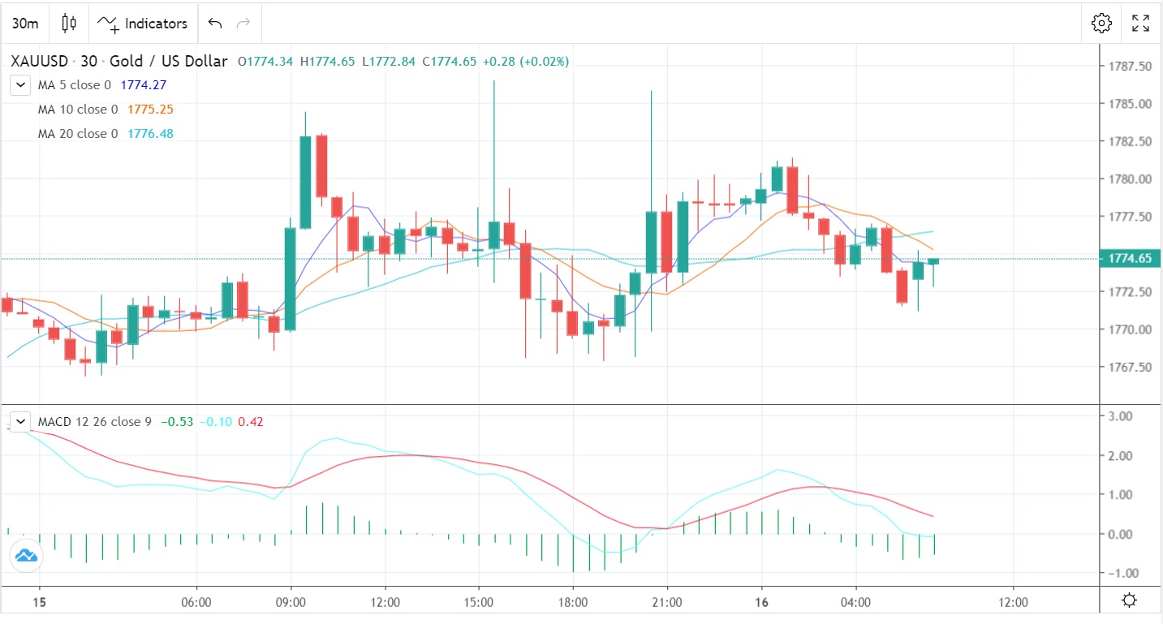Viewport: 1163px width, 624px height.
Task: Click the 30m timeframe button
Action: click(x=24, y=24)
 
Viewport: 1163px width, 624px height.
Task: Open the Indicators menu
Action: click(x=143, y=24)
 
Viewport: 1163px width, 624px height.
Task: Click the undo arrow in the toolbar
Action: click(x=215, y=24)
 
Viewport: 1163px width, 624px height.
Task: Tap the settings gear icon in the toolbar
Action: click(x=1101, y=24)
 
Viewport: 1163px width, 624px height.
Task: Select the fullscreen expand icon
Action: click(x=1140, y=24)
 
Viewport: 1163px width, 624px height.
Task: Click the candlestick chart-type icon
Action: click(x=69, y=24)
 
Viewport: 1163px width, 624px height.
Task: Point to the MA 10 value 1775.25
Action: click(x=150, y=110)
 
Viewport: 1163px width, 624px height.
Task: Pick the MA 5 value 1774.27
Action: click(x=144, y=85)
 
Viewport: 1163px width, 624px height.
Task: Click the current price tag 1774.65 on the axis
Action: click(x=1130, y=259)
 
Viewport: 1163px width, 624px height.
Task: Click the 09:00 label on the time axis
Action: click(x=291, y=603)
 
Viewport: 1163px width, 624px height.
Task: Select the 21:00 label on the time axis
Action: click(x=666, y=603)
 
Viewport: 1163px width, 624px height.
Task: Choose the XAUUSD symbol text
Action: click(x=40, y=61)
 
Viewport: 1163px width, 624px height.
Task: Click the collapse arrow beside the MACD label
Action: click(x=19, y=422)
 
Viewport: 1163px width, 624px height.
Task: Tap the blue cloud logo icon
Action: click(x=25, y=556)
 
